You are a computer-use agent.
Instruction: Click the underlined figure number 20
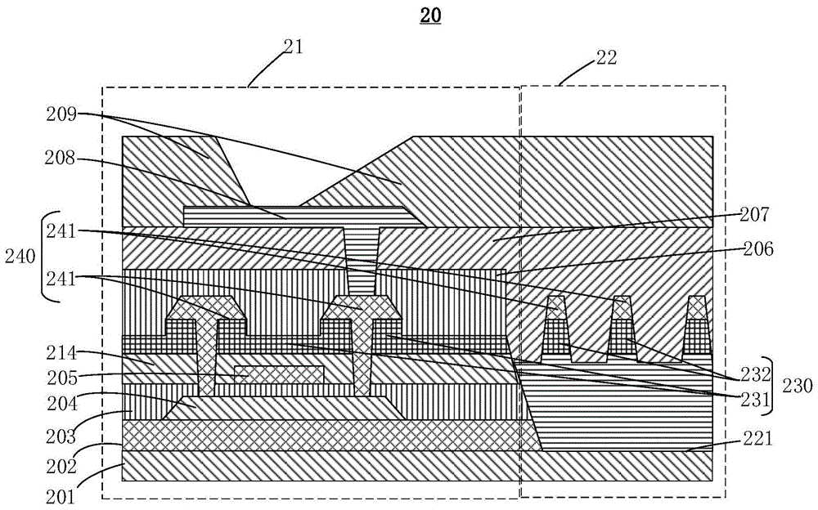click(430, 16)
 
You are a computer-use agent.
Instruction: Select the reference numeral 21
click(293, 47)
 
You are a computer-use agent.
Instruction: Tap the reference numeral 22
click(605, 57)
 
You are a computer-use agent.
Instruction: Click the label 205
click(62, 377)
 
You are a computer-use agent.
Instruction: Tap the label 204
click(62, 403)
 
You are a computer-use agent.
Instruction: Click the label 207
click(755, 214)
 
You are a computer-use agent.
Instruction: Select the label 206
click(758, 249)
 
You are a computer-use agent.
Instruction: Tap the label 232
click(755, 374)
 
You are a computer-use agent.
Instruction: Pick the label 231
click(755, 399)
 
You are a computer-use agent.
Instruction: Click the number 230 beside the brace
click(798, 386)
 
